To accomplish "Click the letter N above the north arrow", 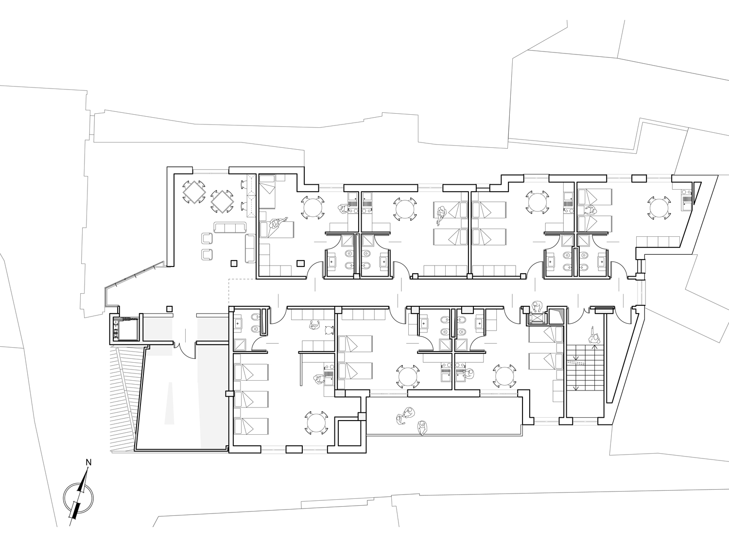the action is (x=88, y=462).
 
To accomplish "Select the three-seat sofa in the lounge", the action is (x=230, y=228).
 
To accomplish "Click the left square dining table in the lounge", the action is (x=193, y=192).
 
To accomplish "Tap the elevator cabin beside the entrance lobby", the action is (x=125, y=329).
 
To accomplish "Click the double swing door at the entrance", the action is (x=185, y=350).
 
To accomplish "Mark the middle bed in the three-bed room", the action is (x=251, y=399).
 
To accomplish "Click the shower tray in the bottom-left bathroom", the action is (x=240, y=345).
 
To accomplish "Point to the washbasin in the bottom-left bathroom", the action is (x=239, y=323).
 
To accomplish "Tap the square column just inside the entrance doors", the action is (x=170, y=309).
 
